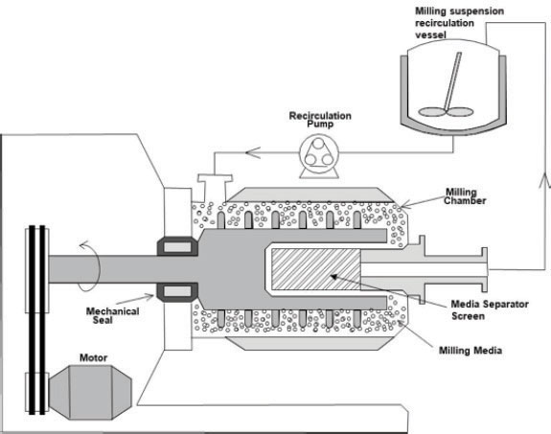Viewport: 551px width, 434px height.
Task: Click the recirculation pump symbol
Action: [319, 156]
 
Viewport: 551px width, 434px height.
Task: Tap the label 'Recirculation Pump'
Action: [320, 120]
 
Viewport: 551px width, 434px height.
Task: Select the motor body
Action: [90, 392]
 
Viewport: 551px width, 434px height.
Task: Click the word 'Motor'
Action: [94, 357]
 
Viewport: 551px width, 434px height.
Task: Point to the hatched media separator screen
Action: [316, 269]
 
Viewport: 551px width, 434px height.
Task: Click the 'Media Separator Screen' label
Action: [490, 310]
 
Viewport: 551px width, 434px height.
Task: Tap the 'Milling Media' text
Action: [471, 351]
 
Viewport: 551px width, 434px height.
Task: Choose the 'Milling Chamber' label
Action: [465, 196]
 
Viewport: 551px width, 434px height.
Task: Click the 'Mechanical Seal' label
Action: [112, 315]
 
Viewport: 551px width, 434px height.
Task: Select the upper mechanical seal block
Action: [177, 246]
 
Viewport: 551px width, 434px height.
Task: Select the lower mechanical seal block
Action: [177, 292]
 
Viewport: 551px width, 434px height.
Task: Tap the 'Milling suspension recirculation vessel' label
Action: [459, 23]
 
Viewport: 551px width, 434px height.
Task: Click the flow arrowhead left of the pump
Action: [253, 152]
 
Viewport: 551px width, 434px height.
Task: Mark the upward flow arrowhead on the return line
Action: [545, 179]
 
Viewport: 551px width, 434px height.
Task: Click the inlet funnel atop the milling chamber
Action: [215, 188]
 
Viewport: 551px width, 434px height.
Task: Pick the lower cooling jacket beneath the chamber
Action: [310, 343]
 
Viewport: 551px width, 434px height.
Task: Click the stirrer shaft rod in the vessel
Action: [453, 81]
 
